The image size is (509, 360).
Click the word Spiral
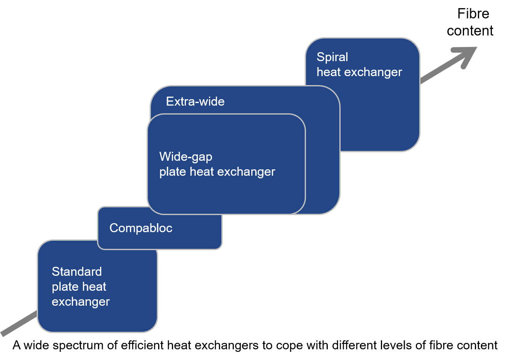(x=332, y=57)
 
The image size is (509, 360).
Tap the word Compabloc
(x=141, y=228)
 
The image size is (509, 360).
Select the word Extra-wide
(x=195, y=102)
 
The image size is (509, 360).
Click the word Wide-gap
(x=185, y=157)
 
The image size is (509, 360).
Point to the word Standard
(x=76, y=272)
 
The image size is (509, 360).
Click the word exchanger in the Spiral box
(x=373, y=72)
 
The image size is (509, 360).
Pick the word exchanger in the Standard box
(x=80, y=302)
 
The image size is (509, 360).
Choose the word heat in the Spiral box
(x=329, y=72)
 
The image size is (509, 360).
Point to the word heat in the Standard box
(x=94, y=287)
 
